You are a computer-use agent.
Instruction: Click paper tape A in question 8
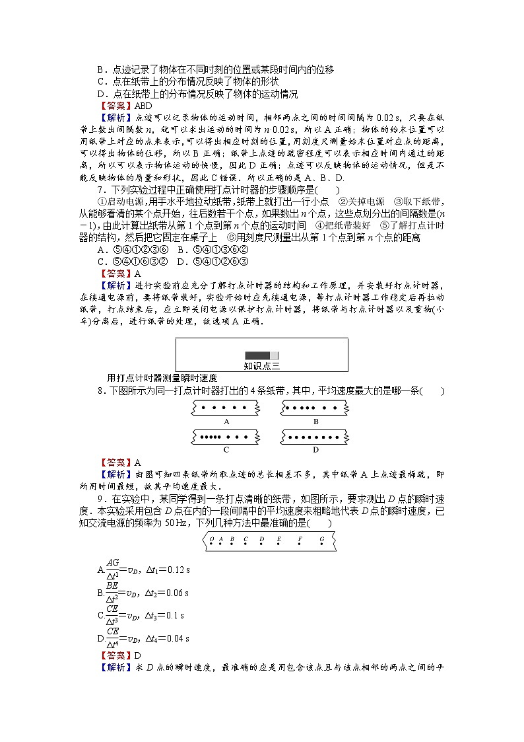pos(226,408)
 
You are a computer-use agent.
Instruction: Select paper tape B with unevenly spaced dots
pos(315,408)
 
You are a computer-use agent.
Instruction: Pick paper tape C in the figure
pos(226,437)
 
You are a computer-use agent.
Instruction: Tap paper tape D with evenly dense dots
pos(315,437)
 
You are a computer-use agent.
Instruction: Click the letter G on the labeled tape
pos(321,540)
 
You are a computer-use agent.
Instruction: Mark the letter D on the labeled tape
pos(261,540)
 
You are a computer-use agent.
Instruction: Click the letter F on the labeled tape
pos(300,540)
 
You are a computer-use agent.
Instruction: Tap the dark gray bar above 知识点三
pos(262,355)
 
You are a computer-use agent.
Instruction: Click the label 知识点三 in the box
pos(262,365)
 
